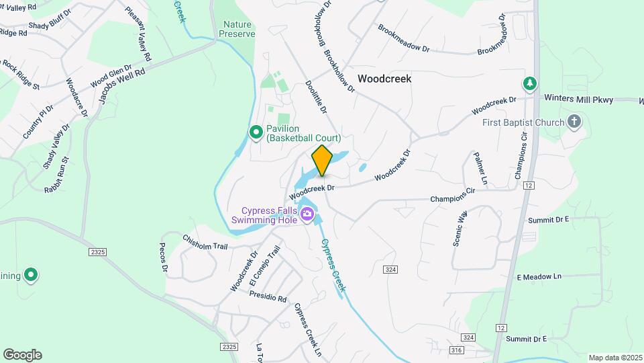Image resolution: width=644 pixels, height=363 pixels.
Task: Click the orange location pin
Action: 322,160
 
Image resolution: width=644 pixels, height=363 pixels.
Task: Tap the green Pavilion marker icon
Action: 256,132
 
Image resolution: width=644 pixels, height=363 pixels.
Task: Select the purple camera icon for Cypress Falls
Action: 308,215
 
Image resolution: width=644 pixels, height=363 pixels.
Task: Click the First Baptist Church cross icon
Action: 574,122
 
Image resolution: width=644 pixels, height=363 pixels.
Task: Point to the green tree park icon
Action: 531,83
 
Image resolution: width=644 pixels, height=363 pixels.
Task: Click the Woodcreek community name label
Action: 384,79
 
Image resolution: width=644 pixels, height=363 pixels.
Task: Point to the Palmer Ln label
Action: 480,167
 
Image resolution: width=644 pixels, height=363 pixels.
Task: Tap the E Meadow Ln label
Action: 539,277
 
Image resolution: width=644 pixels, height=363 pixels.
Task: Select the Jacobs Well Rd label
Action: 122,84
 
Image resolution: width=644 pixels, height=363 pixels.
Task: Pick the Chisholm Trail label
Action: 205,242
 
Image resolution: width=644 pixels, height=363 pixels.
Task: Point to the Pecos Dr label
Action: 163,258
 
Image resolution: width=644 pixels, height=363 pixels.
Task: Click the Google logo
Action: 22,355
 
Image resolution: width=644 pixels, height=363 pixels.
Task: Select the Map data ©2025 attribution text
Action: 614,358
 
